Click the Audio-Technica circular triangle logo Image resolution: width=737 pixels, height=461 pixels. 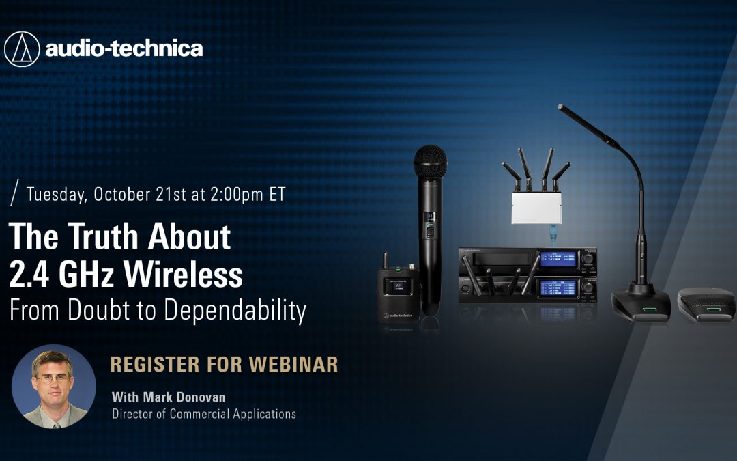pyautogui.click(x=22, y=49)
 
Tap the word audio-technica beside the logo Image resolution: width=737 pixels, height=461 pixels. pyautogui.click(x=124, y=48)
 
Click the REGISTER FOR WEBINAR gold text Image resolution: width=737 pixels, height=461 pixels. pyautogui.click(x=224, y=365)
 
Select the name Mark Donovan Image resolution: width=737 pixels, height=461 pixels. pyautogui.click(x=184, y=397)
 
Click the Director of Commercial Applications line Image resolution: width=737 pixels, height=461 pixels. pyautogui.click(x=204, y=414)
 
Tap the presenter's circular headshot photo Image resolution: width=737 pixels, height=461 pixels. pyautogui.click(x=54, y=387)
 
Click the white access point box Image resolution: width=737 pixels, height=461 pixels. pyautogui.click(x=536, y=208)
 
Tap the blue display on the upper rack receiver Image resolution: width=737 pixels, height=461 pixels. pyautogui.click(x=558, y=259)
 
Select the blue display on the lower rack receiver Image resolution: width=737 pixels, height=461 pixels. pyautogui.click(x=558, y=288)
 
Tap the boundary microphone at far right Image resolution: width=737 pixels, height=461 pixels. pyautogui.click(x=706, y=305)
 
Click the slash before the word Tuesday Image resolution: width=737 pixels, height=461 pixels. pyautogui.click(x=14, y=193)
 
